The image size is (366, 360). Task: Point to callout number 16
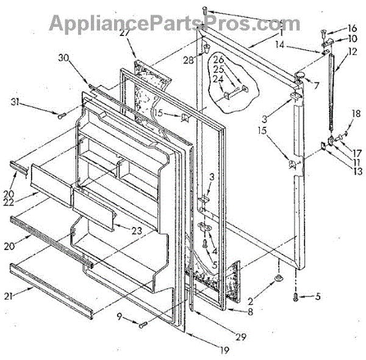pos(352,27)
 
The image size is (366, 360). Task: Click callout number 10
pos(352,38)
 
